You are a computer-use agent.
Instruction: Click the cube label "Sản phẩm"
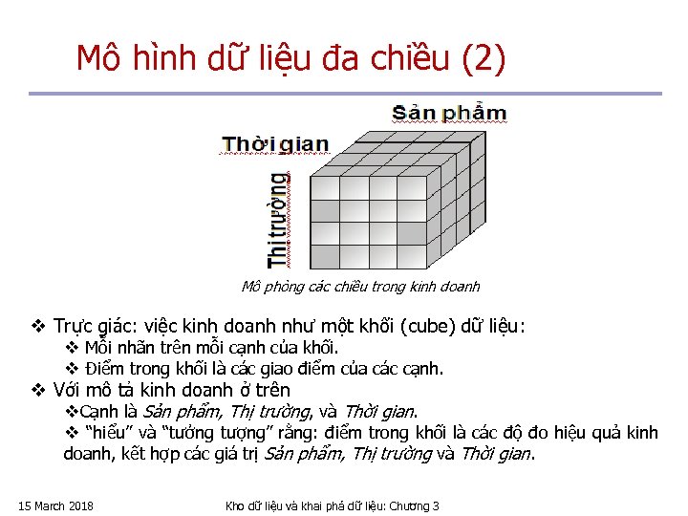449,113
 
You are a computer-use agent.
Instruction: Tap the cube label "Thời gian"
275,145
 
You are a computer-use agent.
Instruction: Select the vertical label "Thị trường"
278,221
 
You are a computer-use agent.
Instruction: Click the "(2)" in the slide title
483,59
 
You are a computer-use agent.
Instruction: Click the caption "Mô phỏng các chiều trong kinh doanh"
360,286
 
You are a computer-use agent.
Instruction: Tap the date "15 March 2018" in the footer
55,505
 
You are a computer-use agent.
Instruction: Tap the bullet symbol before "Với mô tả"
38,390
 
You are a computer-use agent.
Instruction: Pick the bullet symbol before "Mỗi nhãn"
71,347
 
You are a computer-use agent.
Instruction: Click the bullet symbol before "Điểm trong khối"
71,368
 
